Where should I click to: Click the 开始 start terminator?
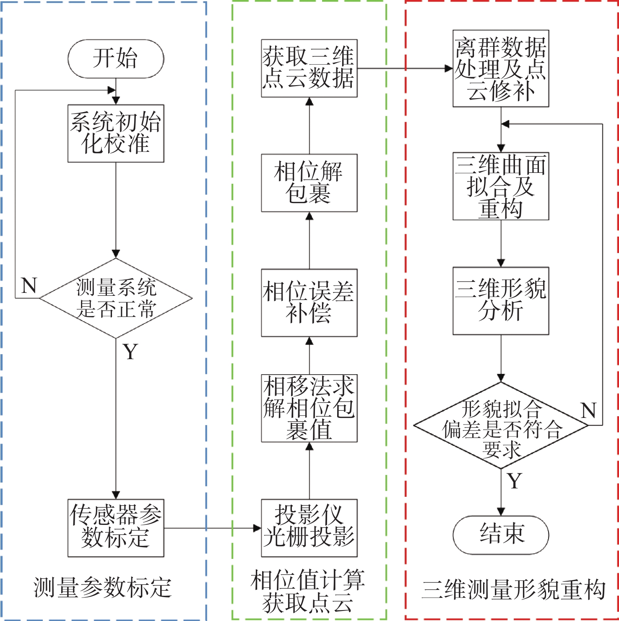coord(116,59)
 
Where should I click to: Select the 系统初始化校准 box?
coord(116,133)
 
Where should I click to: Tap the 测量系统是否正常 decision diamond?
coord(116,298)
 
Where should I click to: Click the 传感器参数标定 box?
coord(116,528)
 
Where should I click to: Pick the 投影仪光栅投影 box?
coord(309,528)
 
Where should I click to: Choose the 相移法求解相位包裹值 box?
coord(309,408)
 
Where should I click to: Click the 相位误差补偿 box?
coord(309,303)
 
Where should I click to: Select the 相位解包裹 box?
coord(309,183)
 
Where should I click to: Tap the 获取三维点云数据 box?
coord(309,68)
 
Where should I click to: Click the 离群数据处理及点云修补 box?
coord(501,68)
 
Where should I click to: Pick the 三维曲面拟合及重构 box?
coord(501,186)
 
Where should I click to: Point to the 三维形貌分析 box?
coord(501,301)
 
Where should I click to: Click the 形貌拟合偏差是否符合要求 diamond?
coord(501,425)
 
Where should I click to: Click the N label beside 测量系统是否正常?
coord(29,286)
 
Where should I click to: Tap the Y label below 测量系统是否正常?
coord(130,352)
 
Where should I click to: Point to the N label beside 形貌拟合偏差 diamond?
coord(588,410)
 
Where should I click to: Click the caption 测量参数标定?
coord(103,587)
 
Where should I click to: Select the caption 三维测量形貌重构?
coord(513,590)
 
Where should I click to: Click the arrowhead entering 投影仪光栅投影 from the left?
coord(257,528)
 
